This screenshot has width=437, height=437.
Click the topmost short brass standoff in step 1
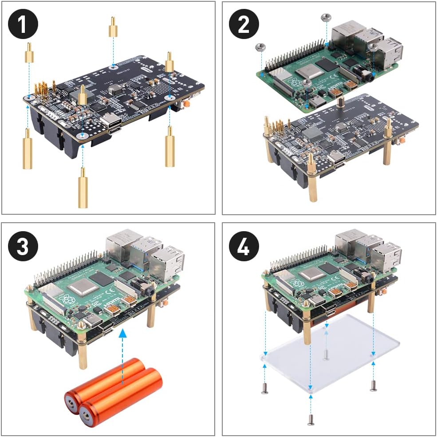tap(113, 28)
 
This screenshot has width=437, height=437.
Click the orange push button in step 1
tap(188, 103)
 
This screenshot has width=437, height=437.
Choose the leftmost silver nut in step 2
tap(260, 46)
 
